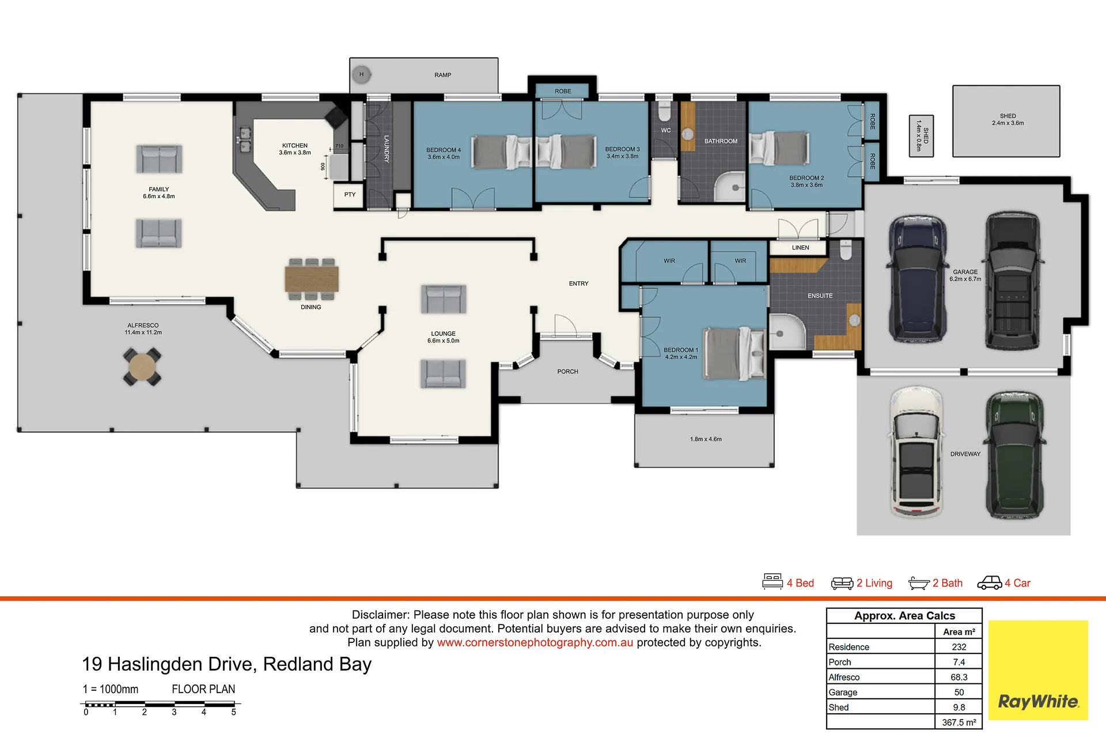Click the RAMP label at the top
pos(442,75)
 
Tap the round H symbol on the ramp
pos(361,74)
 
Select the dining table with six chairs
pos(312,279)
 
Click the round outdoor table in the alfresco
pos(142,366)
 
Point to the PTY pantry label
pos(350,195)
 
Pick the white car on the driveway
pos(916,453)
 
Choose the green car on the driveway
pos(1014,455)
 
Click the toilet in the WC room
pos(664,110)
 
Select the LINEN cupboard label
pos(800,248)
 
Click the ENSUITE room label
pos(820,296)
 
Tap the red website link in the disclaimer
pos(535,642)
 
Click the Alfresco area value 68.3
pos(959,677)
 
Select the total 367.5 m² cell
pos(959,722)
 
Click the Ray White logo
pos(1038,670)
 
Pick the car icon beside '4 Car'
pos(989,583)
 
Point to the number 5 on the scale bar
pos(233,712)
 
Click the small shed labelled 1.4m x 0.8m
pos(921,136)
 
